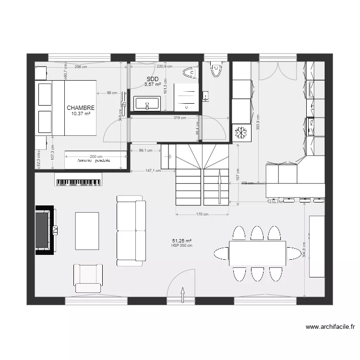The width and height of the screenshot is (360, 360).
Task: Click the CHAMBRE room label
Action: click(x=81, y=108)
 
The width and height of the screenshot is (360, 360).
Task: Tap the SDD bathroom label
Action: click(x=152, y=79)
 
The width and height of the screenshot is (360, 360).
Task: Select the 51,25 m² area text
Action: click(x=182, y=240)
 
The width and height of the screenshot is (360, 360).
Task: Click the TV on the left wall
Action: click(x=43, y=228)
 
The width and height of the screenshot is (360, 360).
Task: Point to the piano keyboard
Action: click(x=79, y=182)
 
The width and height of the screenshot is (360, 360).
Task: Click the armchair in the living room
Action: click(x=87, y=277)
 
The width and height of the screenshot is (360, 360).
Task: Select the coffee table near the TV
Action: click(x=87, y=231)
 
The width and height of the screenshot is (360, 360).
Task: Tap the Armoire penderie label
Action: click(x=93, y=160)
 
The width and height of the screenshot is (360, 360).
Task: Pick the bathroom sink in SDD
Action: click(x=146, y=103)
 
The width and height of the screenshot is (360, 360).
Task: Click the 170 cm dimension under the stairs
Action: click(x=202, y=215)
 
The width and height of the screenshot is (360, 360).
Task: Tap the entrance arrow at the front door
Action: click(x=182, y=294)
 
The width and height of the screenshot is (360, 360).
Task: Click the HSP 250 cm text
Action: click(x=182, y=245)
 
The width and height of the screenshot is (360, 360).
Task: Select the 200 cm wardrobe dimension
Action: click(x=96, y=156)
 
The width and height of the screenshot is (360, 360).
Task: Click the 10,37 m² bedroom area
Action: click(x=81, y=114)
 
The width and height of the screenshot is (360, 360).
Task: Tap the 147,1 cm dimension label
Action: click(x=153, y=170)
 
